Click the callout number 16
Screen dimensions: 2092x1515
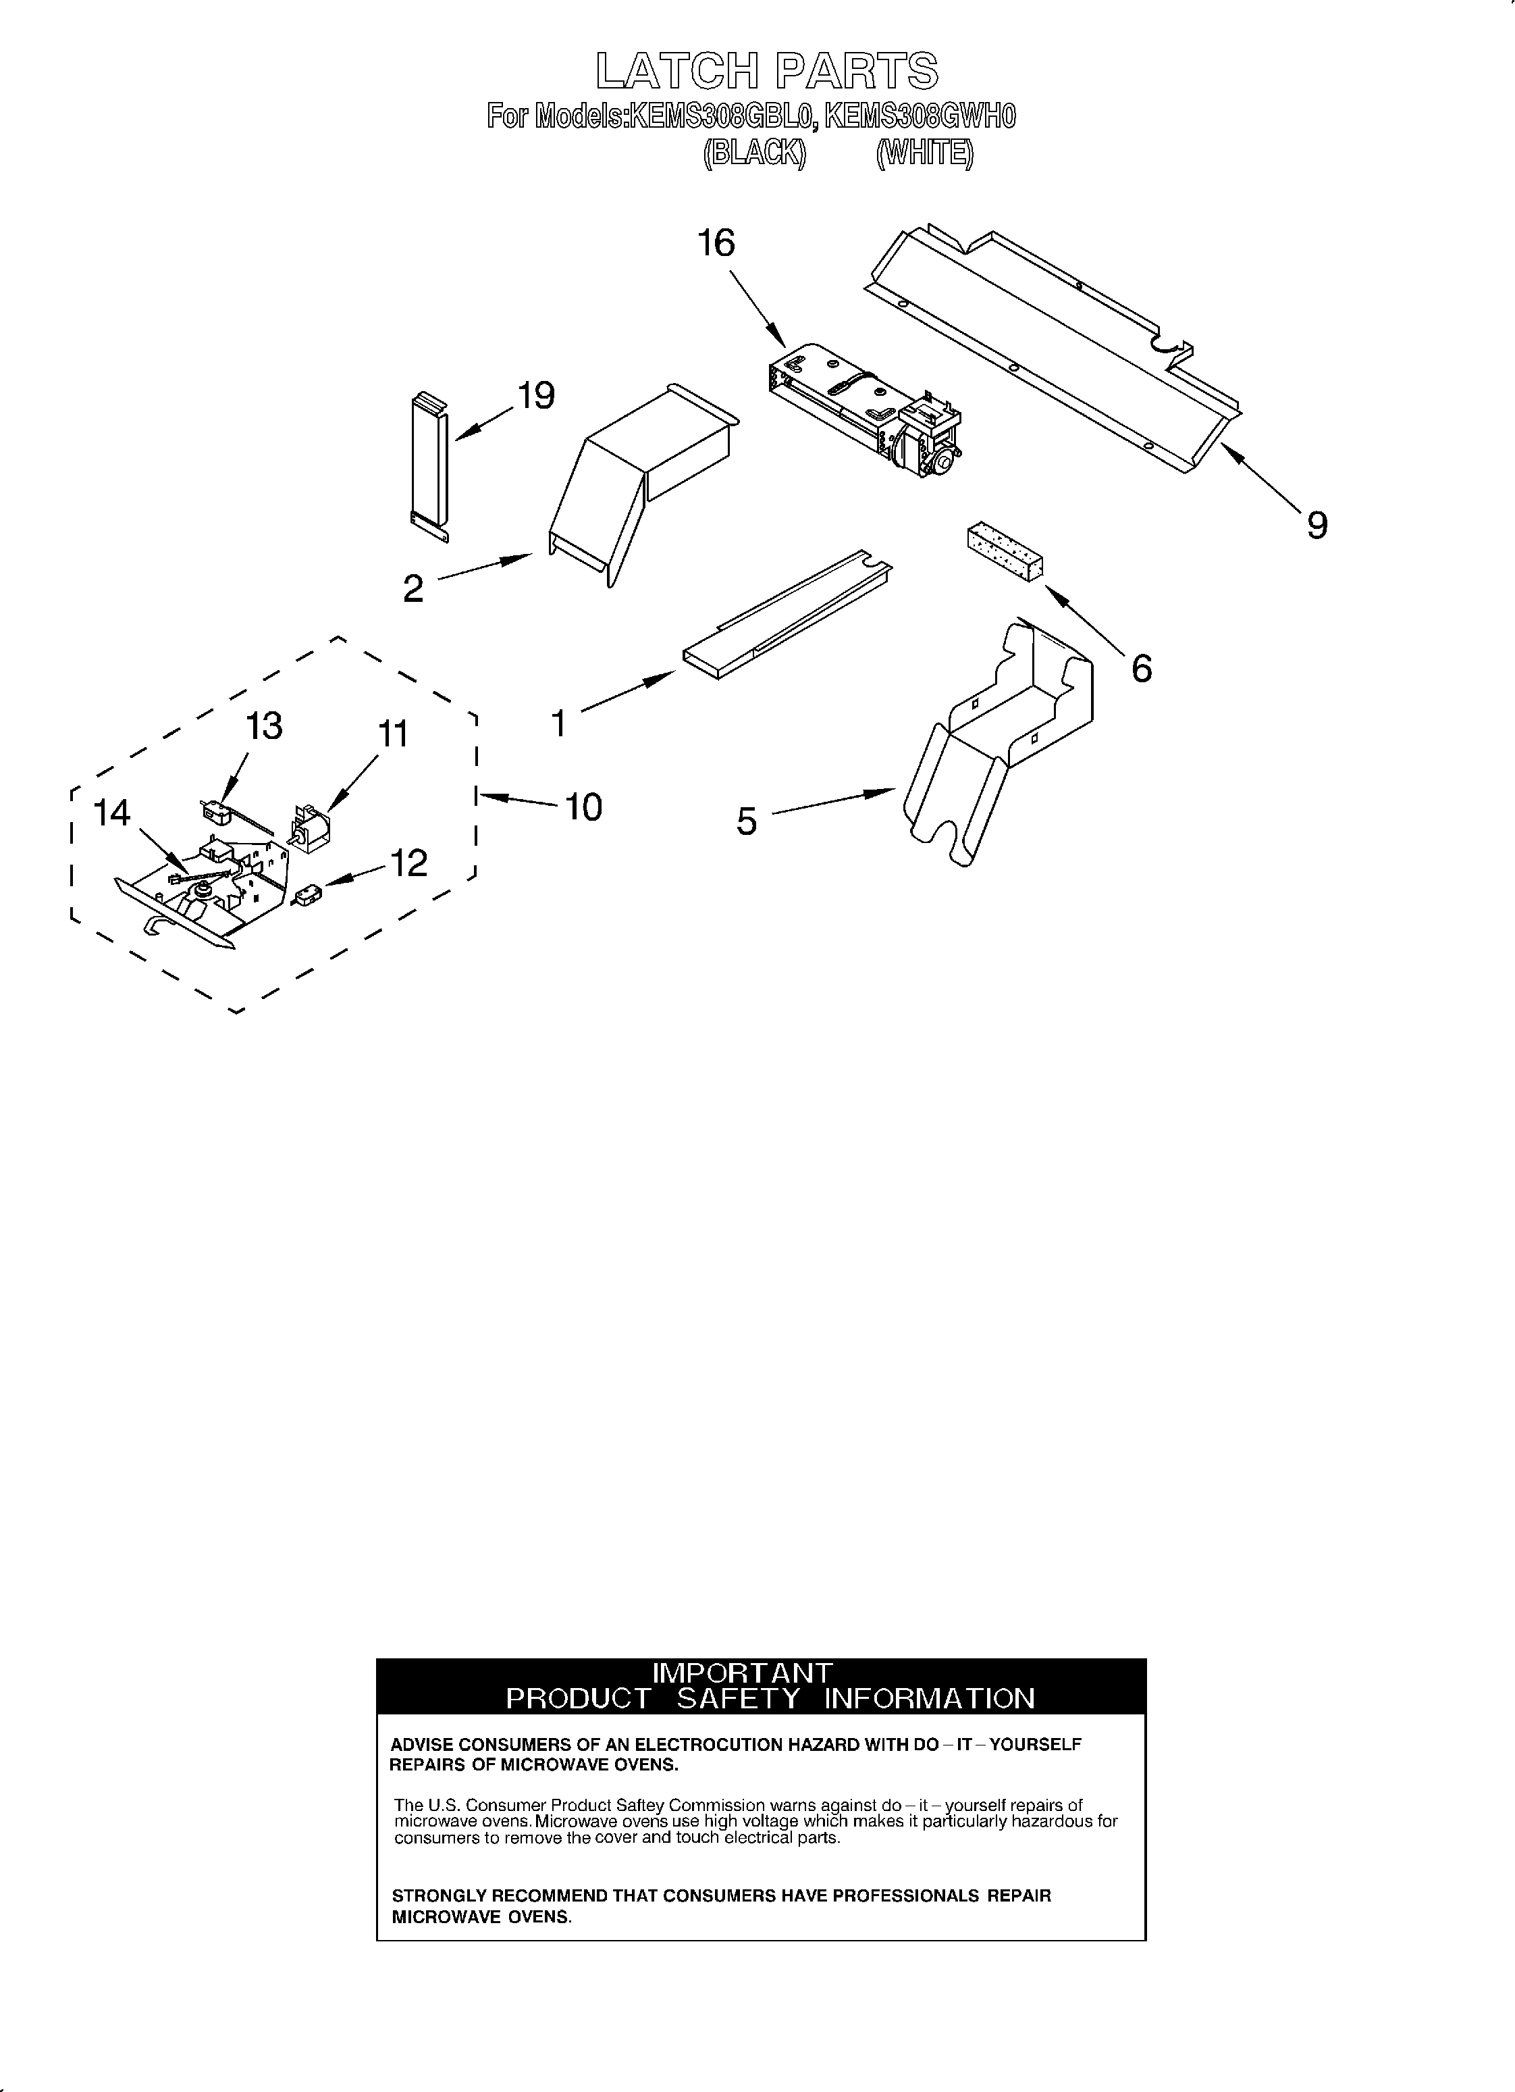point(716,243)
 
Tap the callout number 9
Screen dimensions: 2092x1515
point(1317,526)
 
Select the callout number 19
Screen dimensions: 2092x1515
point(536,396)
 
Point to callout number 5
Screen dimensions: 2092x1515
point(746,820)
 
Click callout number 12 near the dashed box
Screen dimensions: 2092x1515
point(408,863)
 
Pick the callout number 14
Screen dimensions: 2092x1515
point(113,813)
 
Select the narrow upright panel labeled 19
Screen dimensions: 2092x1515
point(431,466)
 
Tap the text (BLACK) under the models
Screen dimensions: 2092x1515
point(753,153)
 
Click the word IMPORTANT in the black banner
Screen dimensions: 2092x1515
point(741,1673)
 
